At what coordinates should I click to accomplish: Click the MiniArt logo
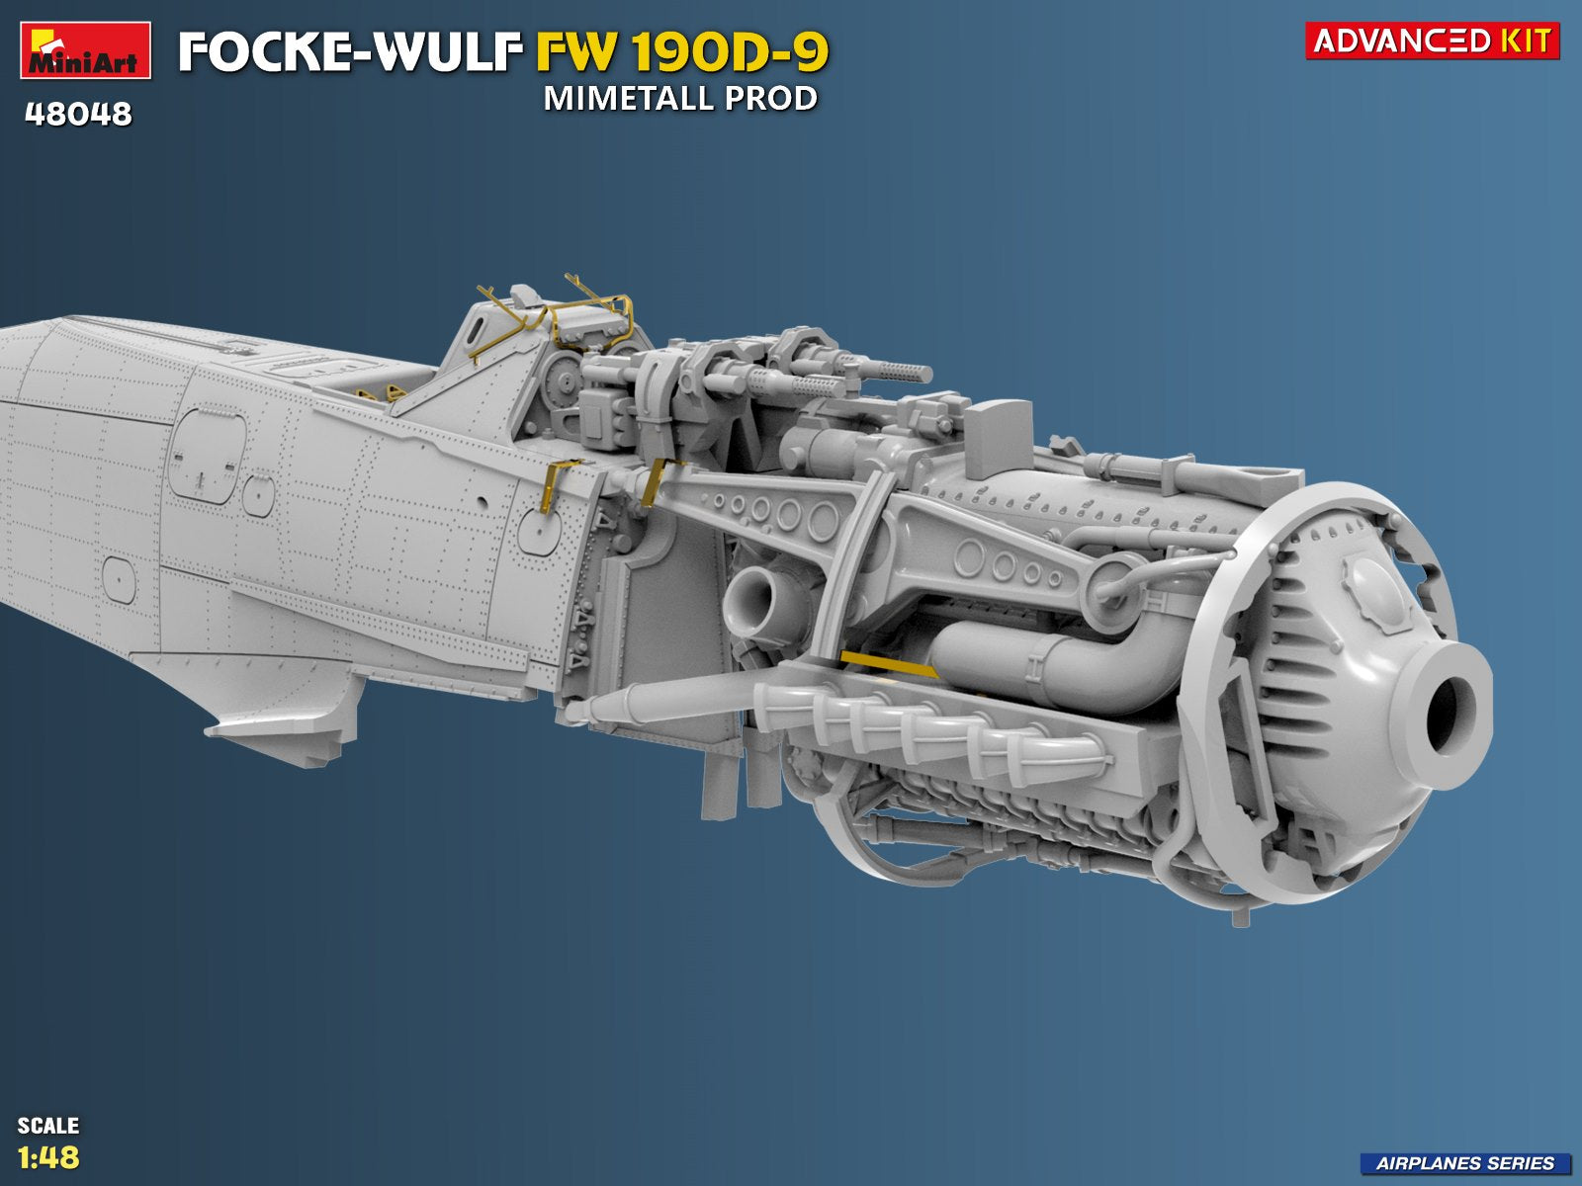click(86, 49)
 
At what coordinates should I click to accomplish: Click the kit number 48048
click(78, 114)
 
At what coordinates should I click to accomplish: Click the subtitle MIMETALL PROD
click(680, 99)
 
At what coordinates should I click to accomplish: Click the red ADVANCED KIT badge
click(1432, 41)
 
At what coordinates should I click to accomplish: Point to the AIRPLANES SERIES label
click(1464, 1163)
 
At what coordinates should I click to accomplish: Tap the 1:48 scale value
click(48, 1157)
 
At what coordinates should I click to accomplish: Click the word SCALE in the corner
click(48, 1125)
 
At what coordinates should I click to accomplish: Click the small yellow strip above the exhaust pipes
click(888, 663)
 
